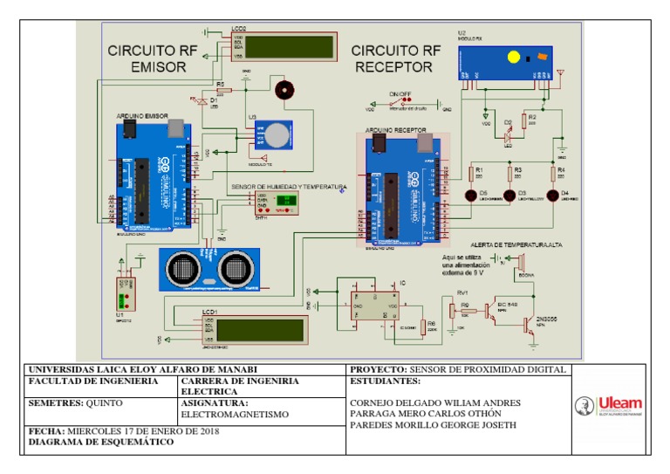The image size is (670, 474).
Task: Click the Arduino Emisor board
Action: click(154, 180)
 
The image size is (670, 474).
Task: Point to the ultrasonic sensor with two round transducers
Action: click(209, 269)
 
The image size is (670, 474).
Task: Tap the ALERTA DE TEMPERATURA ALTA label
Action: click(515, 245)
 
